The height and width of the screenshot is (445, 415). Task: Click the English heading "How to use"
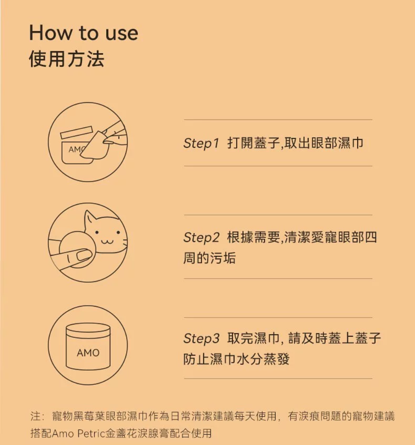click(x=84, y=33)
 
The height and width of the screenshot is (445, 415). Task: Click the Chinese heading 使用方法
click(x=67, y=59)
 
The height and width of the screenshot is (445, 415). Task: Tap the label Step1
click(x=201, y=143)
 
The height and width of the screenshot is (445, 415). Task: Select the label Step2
click(x=201, y=237)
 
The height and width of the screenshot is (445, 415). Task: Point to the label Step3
click(x=201, y=338)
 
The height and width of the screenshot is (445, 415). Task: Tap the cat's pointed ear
click(x=90, y=218)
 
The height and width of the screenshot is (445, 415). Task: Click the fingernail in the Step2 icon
click(x=84, y=254)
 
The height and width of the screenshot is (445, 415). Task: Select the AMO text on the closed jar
click(x=88, y=353)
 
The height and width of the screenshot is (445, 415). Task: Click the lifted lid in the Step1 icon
click(x=77, y=132)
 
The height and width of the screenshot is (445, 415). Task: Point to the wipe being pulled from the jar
click(x=94, y=145)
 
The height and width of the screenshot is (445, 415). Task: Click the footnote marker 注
click(x=35, y=416)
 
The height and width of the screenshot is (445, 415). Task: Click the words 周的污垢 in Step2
click(x=209, y=258)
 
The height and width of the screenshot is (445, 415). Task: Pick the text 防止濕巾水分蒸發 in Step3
click(x=236, y=359)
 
